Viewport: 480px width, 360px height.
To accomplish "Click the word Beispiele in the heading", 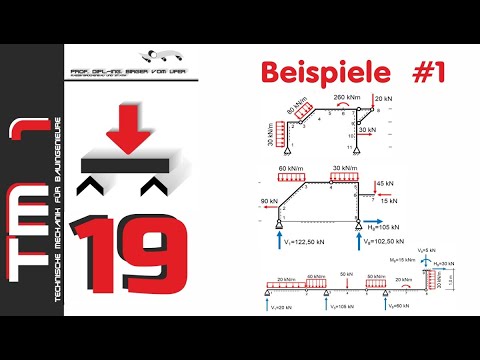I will click(317, 73).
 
